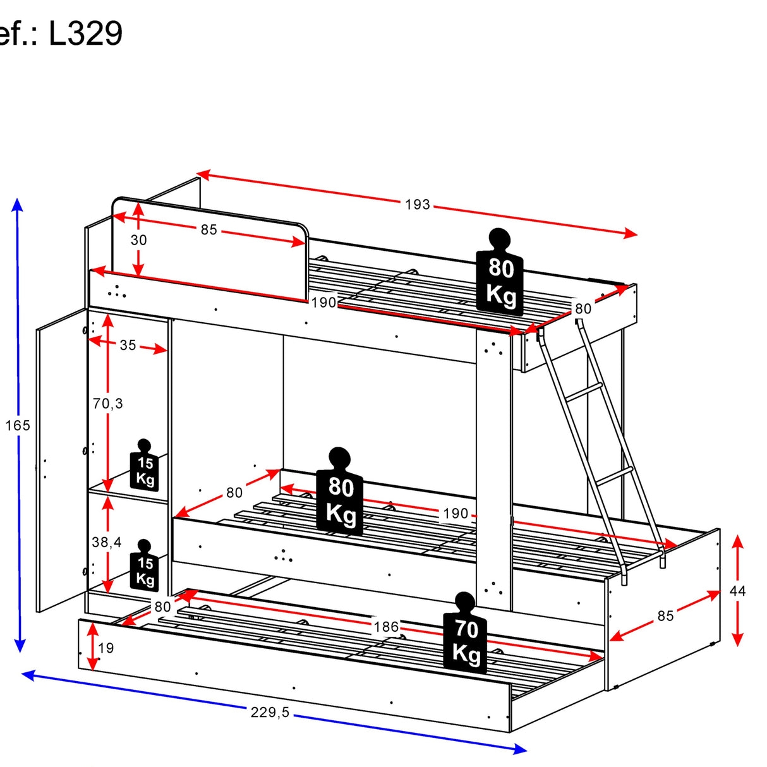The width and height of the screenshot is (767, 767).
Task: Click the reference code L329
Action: click(85, 33)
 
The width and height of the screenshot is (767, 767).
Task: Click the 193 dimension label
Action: click(417, 205)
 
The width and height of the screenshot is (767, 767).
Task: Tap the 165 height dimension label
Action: click(18, 425)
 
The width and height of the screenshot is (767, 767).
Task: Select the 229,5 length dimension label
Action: click(270, 712)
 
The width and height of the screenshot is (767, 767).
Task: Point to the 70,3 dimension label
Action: click(108, 404)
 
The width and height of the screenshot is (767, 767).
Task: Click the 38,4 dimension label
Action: click(107, 542)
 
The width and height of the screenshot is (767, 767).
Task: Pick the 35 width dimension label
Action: click(128, 345)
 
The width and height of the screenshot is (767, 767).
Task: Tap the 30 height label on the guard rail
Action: click(138, 240)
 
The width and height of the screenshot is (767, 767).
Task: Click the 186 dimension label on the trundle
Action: click(386, 627)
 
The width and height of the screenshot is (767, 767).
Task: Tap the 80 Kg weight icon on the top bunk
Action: click(500, 272)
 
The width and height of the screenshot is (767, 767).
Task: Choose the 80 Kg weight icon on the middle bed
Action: click(339, 491)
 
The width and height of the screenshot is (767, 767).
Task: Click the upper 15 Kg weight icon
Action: click(145, 465)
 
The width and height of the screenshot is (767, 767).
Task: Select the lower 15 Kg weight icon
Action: click(145, 565)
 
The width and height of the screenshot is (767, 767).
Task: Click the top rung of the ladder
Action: click(583, 390)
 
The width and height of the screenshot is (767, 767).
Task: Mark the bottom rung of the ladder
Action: click(615, 476)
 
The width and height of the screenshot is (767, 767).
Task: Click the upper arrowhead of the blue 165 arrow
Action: click(17, 204)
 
